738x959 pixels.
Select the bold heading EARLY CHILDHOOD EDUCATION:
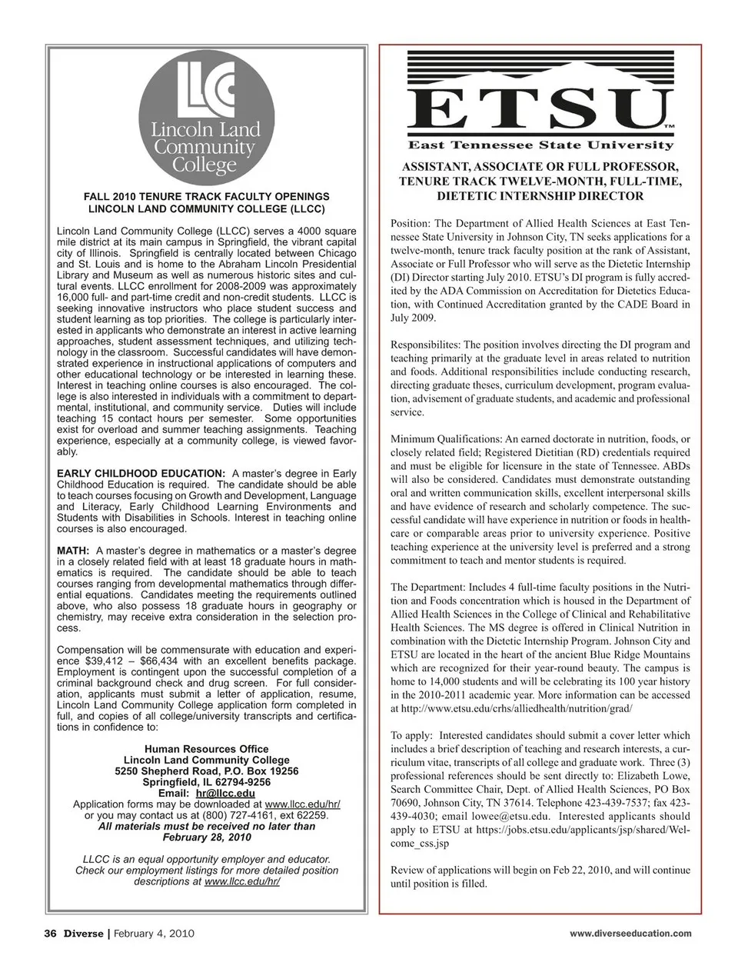(x=141, y=473)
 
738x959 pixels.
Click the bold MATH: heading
(x=74, y=551)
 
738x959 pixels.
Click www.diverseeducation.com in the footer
(x=630, y=934)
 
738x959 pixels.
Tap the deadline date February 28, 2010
(x=207, y=837)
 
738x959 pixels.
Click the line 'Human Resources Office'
(x=207, y=749)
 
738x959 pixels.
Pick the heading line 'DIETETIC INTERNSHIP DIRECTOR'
(x=540, y=196)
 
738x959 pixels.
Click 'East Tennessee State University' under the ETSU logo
(x=540, y=145)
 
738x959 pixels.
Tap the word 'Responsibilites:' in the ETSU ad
(x=425, y=345)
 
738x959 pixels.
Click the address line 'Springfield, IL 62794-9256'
(x=207, y=782)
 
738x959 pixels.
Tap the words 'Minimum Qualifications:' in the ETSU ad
(x=446, y=438)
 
